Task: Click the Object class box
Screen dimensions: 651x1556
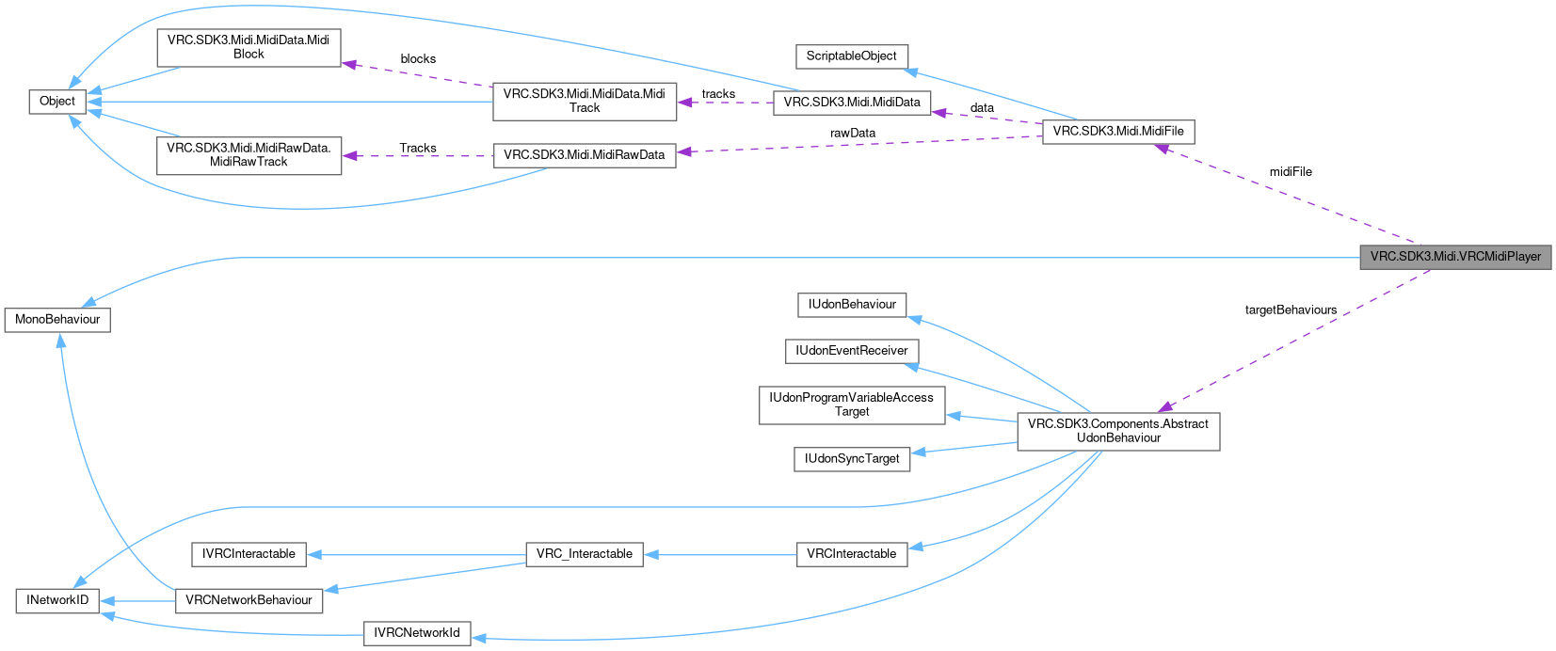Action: click(57, 102)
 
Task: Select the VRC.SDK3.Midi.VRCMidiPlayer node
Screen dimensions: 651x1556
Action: click(1454, 257)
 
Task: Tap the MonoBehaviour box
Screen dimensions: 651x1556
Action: click(57, 320)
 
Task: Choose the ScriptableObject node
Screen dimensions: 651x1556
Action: click(851, 56)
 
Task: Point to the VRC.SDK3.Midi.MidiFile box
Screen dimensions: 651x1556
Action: click(1117, 132)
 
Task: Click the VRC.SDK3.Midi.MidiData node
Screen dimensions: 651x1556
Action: click(851, 103)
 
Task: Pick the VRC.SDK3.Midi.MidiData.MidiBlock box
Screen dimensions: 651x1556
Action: click(249, 47)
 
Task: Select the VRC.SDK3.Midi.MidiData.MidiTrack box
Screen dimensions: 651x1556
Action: click(584, 101)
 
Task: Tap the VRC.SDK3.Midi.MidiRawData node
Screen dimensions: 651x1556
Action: click(584, 155)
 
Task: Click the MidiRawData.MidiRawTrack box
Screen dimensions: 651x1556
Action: click(249, 155)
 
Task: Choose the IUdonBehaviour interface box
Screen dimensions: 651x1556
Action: click(851, 305)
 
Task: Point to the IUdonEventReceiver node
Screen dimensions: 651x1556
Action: click(851, 351)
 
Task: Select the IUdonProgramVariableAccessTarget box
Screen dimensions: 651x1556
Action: click(851, 405)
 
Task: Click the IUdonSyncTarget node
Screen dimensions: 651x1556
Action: click(851, 459)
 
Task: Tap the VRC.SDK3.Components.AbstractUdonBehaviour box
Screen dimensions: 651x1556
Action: click(1117, 431)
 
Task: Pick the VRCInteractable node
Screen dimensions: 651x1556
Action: click(851, 554)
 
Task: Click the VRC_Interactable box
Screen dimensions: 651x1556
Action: click(584, 554)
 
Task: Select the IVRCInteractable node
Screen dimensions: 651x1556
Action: click(249, 554)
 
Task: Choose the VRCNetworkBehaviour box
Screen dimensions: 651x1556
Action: click(249, 600)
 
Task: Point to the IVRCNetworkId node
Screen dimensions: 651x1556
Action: click(416, 633)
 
